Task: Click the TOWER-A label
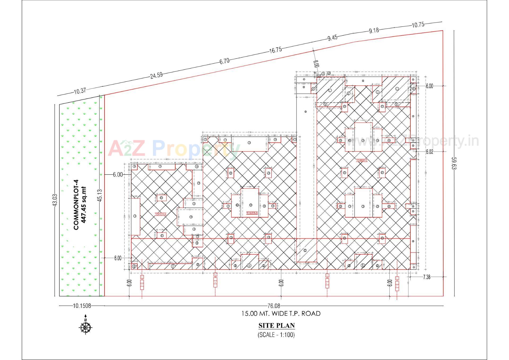click(160, 214)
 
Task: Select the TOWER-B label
click(252, 213)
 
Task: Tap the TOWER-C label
click(362, 161)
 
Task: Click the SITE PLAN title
click(277, 326)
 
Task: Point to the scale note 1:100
click(276, 335)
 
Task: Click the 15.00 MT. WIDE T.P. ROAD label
click(281, 314)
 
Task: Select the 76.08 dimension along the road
click(275, 306)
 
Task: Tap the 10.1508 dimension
click(82, 306)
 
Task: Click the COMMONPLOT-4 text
click(76, 205)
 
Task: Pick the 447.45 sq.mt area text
click(84, 205)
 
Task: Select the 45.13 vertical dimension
click(100, 196)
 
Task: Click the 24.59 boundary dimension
click(156, 75)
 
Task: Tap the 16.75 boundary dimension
click(275, 50)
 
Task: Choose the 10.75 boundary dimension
click(418, 25)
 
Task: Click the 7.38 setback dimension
click(427, 277)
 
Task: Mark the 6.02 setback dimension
click(429, 152)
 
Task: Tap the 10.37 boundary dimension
click(80, 91)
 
